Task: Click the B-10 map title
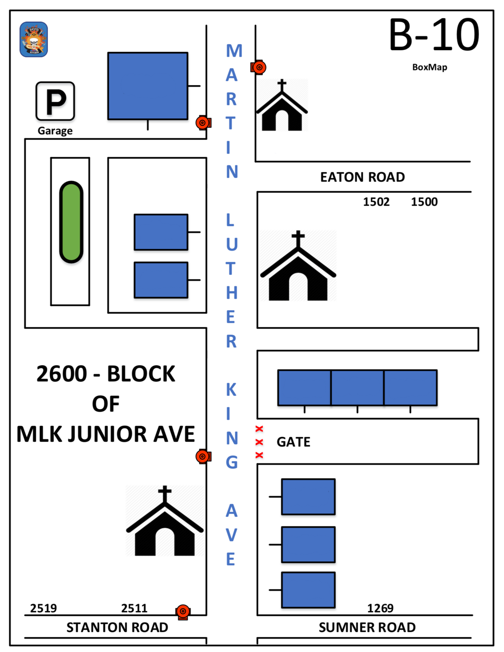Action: [434, 35]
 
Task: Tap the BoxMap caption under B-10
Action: [430, 67]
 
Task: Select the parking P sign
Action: [55, 101]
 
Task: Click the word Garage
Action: [55, 131]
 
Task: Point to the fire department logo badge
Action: [34, 39]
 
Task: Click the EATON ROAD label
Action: [362, 177]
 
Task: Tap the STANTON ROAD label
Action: [117, 627]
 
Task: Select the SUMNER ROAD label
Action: [367, 627]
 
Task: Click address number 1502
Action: [376, 202]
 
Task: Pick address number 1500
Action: [424, 202]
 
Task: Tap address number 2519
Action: [43, 608]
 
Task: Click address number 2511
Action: [134, 608]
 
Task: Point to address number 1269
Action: [380, 608]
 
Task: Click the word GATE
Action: [294, 442]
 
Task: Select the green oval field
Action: [71, 222]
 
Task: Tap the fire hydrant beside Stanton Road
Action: [183, 612]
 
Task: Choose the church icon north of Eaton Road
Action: [282, 106]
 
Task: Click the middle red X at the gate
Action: [259, 442]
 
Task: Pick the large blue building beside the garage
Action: [148, 86]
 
